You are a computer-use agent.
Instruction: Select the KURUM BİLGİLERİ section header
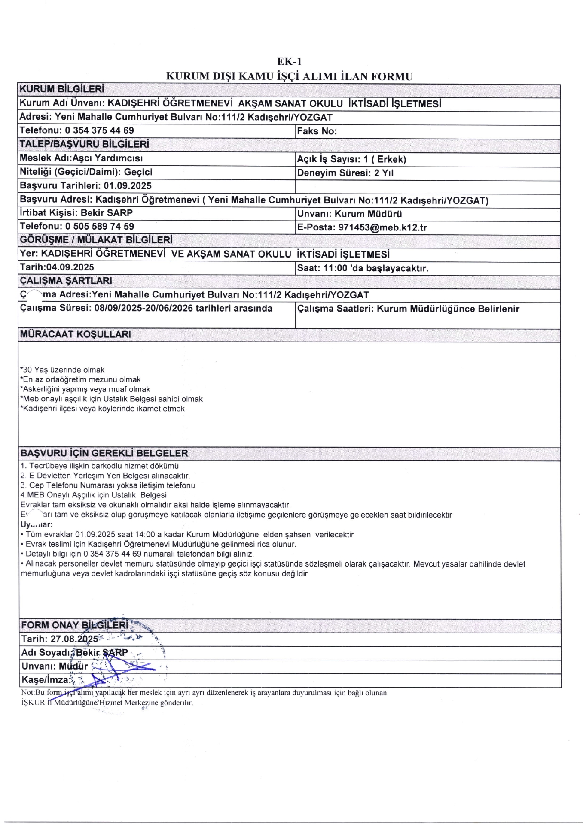[x=62, y=90]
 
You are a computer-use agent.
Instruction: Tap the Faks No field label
[x=317, y=131]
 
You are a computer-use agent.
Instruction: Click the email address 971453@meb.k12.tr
[x=382, y=227]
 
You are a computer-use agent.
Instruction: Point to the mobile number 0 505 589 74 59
[x=100, y=227]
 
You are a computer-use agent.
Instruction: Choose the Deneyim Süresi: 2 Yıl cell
[x=345, y=173]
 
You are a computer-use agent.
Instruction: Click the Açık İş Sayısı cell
[x=351, y=159]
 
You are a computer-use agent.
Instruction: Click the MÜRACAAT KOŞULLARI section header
[x=76, y=334]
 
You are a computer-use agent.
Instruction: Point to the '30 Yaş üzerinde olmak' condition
[x=63, y=370]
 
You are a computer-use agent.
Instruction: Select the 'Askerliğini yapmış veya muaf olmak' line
[x=85, y=389]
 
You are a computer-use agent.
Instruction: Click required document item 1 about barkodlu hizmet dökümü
[x=100, y=466]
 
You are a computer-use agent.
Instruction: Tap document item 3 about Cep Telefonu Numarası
[x=108, y=485]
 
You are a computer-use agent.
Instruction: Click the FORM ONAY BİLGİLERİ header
[x=74, y=625]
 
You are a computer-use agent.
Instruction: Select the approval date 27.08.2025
[x=74, y=639]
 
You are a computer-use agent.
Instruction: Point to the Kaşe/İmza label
[x=45, y=680]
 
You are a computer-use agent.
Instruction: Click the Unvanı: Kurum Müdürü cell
[x=349, y=214]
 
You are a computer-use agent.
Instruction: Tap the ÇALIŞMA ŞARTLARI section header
[x=66, y=281]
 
